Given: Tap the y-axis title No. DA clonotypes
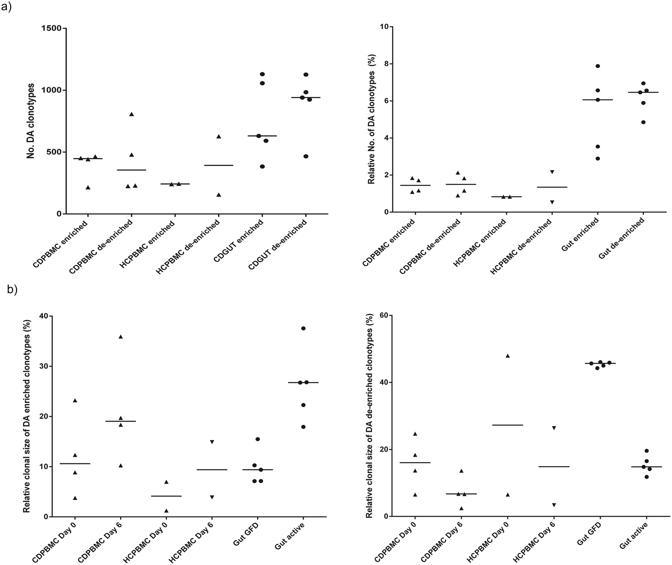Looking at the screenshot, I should pos(31,120).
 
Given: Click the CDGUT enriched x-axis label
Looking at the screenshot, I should pos(243,240).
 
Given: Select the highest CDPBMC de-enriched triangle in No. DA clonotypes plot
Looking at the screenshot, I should pos(132,114).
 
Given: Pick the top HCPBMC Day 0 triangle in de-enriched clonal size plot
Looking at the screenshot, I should pos(508,356).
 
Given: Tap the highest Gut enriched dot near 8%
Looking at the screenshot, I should pos(597,66).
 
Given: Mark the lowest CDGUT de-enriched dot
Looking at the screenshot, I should pos(306,156).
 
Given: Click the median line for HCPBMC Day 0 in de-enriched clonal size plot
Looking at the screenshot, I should pos(508,425).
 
